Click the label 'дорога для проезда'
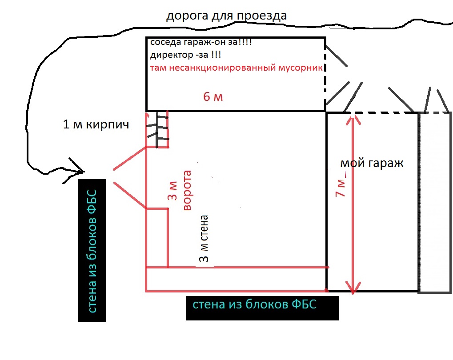pyautogui.click(x=226, y=16)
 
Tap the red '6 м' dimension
pyautogui.click(x=213, y=97)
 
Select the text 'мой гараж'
pyautogui.click(x=372, y=163)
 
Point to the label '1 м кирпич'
pyautogui.click(x=96, y=124)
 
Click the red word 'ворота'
pyautogui.click(x=187, y=190)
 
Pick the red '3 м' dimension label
pyautogui.click(x=172, y=191)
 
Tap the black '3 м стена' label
pyautogui.click(x=204, y=239)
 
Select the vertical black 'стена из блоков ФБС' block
pyautogui.click(x=92, y=251)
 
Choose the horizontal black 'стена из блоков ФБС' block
pyautogui.click(x=262, y=308)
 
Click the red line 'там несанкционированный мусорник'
pyautogui.click(x=236, y=68)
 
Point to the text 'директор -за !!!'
pyautogui.click(x=186, y=55)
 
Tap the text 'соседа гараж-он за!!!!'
pyautogui.click(x=201, y=42)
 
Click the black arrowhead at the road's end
pyautogui.click(x=83, y=172)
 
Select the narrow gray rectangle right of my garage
pyautogui.click(x=435, y=203)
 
